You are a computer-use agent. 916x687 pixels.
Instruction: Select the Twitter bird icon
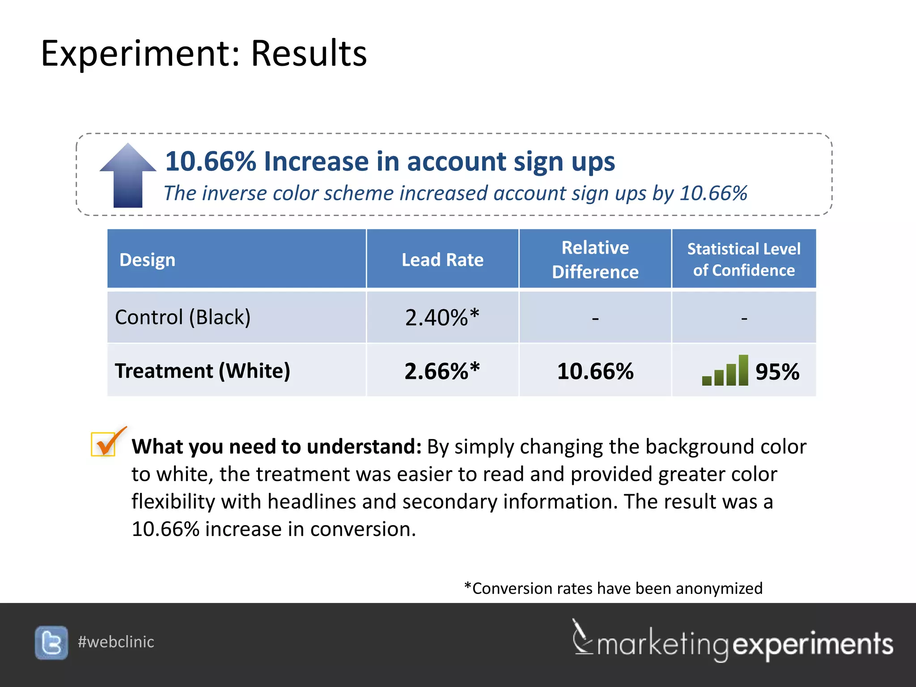point(51,643)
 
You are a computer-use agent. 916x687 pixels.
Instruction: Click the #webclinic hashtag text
point(116,642)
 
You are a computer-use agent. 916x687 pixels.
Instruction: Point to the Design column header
point(147,260)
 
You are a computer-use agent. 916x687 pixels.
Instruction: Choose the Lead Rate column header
point(442,260)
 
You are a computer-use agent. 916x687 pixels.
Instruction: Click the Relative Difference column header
point(595,259)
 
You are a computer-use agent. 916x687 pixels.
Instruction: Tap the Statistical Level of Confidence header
point(743,259)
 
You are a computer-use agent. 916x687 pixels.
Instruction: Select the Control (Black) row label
point(182,317)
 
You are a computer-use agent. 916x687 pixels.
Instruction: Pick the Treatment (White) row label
point(202,371)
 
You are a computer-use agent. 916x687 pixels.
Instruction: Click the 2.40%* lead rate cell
point(442,318)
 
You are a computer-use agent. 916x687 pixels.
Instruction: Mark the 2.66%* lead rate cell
point(442,371)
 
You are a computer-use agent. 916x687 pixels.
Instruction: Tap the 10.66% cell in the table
point(595,371)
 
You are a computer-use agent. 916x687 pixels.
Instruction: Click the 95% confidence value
point(777,372)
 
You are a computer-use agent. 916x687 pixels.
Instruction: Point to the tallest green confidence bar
point(743,370)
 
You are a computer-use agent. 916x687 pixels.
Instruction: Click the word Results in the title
point(309,53)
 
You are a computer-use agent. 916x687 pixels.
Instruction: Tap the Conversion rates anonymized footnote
point(613,588)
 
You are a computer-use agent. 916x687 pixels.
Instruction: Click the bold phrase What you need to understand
point(276,446)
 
